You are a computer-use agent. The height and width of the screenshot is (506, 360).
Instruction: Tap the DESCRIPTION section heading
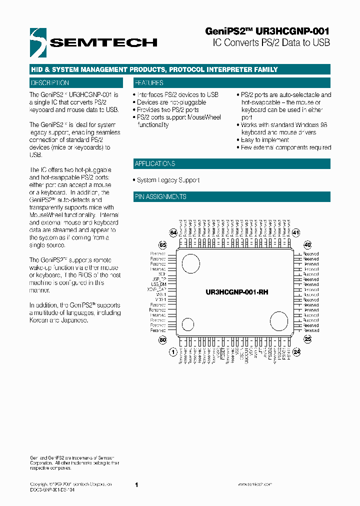[50, 83]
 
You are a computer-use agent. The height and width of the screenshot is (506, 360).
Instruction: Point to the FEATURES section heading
[149, 83]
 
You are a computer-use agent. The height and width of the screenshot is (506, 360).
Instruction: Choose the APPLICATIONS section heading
[155, 164]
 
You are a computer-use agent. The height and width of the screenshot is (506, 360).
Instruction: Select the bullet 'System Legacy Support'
[168, 180]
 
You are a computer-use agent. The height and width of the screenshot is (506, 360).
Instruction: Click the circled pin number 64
[173, 232]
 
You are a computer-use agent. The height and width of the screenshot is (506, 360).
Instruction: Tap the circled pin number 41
[296, 232]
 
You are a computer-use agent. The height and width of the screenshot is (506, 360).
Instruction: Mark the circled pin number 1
[173, 352]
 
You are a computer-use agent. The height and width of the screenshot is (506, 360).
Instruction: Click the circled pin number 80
[162, 340]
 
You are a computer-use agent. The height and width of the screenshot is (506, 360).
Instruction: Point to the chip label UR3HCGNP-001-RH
[237, 291]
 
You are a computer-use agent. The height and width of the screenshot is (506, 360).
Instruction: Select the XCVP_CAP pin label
[156, 289]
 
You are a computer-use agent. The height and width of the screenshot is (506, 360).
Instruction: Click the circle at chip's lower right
[278, 320]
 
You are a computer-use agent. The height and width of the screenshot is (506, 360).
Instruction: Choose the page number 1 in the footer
[136, 485]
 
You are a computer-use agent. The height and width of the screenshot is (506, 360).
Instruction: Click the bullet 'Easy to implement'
[265, 140]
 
